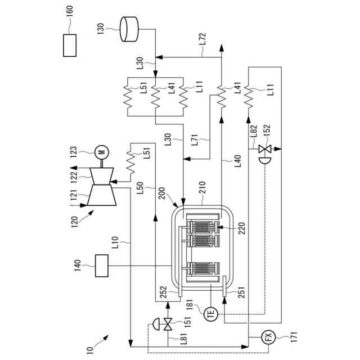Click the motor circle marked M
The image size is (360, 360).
tap(101, 151)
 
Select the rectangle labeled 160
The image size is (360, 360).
tap(70, 45)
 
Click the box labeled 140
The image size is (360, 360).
tap(102, 265)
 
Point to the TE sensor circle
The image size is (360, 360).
tap(211, 314)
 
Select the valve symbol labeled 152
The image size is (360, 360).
tap(263, 150)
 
